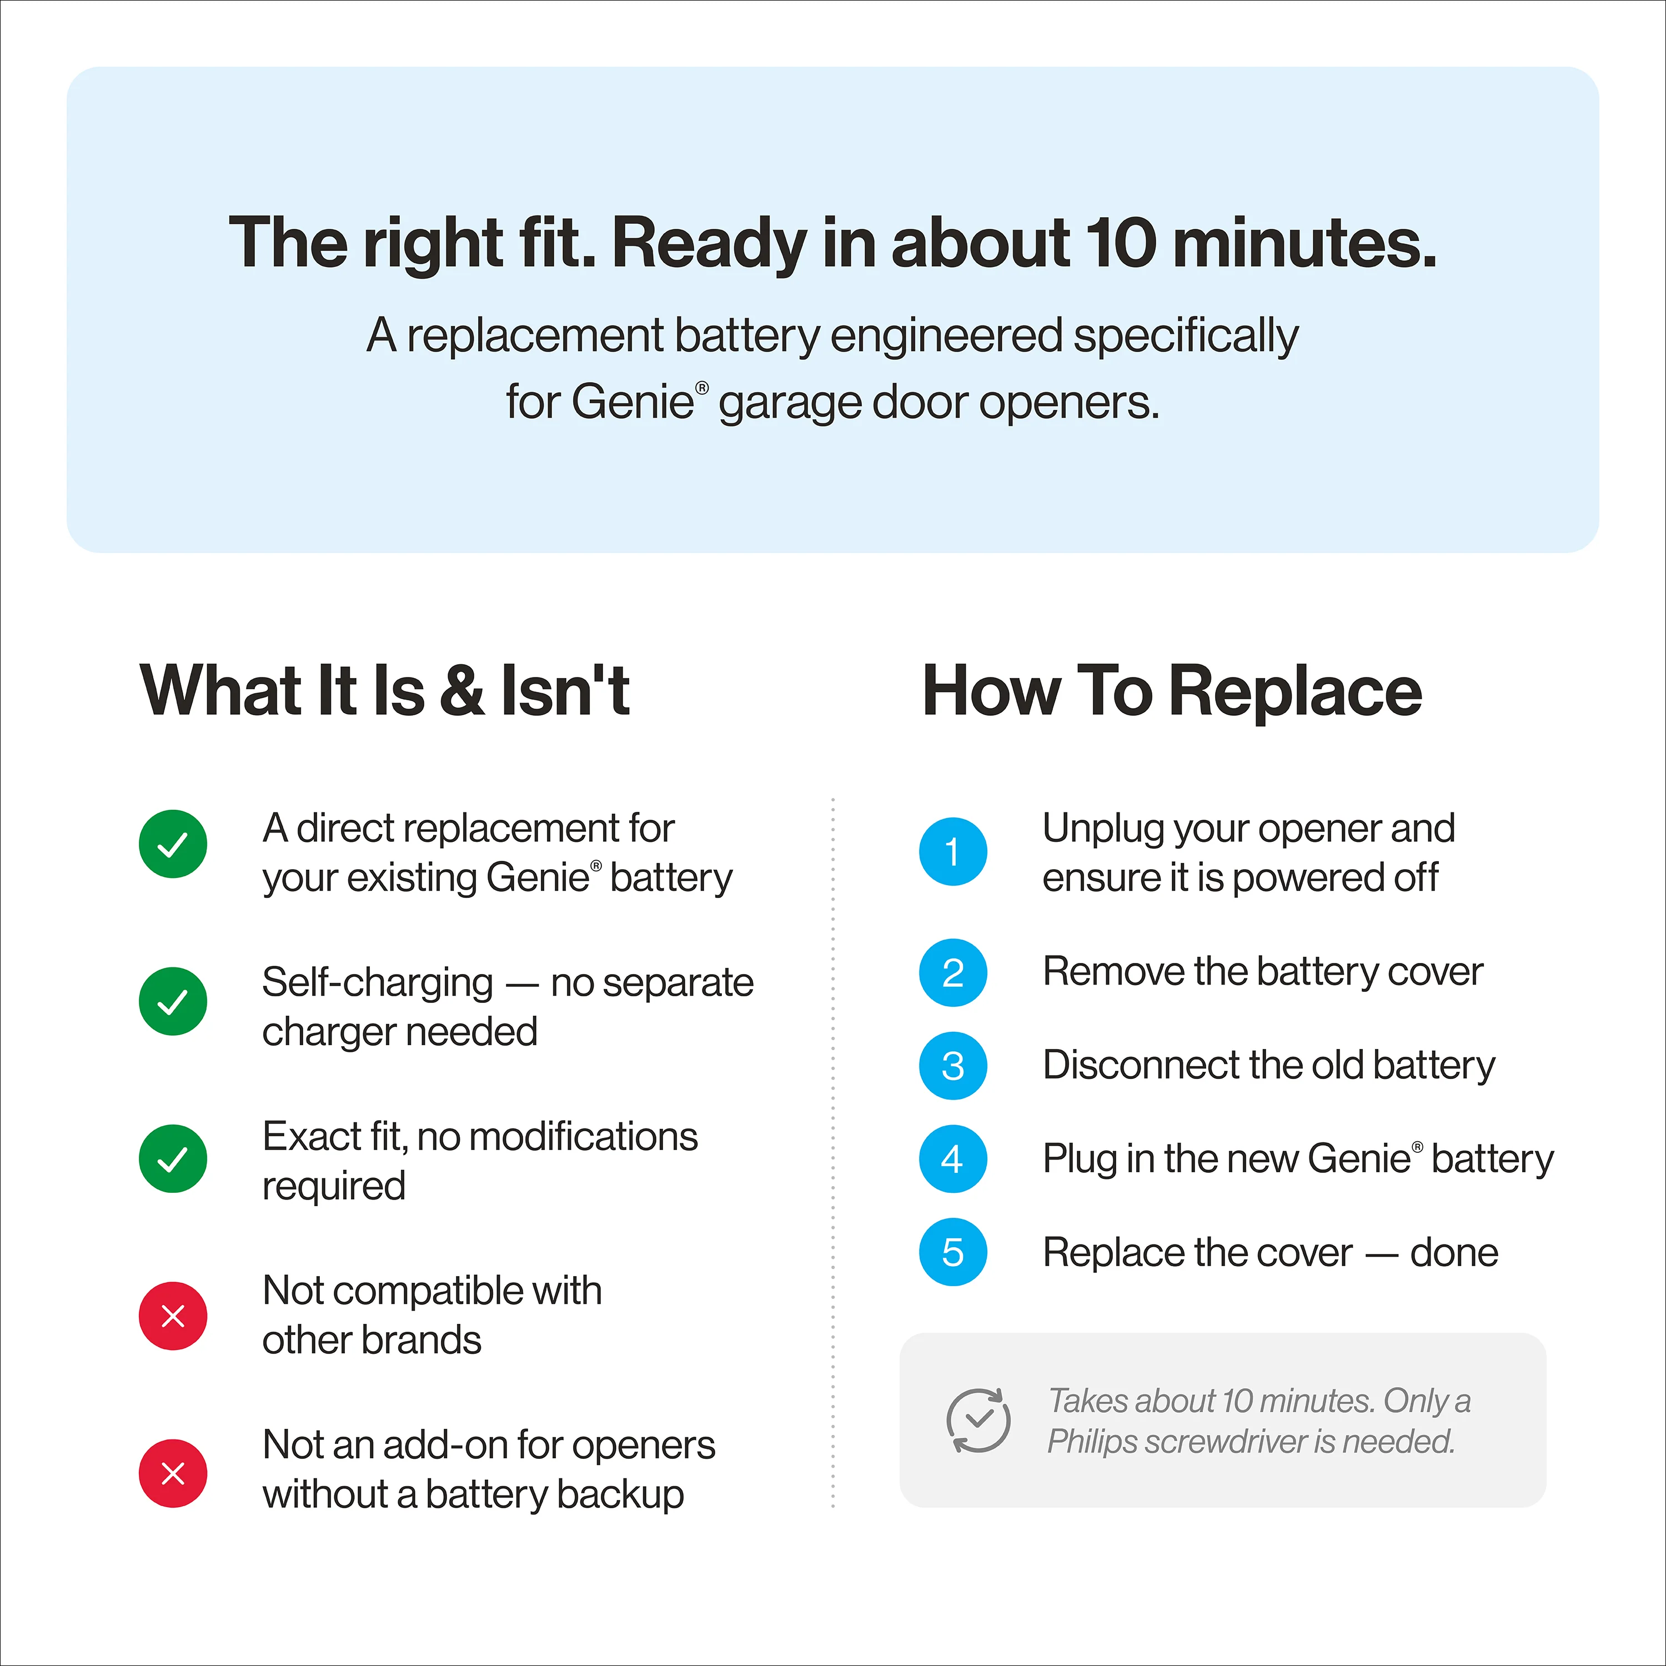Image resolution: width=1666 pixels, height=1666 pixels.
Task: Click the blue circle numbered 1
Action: tap(953, 851)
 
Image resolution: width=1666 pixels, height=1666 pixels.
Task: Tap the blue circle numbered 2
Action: tap(953, 972)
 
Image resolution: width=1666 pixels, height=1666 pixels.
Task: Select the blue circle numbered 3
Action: tap(953, 1065)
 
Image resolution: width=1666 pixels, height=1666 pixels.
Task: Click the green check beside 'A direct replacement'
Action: tap(173, 844)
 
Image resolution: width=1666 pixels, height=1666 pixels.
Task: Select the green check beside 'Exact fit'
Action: tap(173, 1158)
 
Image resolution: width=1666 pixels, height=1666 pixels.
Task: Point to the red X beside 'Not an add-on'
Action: tap(173, 1473)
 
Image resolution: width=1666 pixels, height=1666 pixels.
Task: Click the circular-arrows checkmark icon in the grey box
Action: tap(978, 1419)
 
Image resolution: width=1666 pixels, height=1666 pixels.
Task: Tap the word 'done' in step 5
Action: tap(1454, 1252)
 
